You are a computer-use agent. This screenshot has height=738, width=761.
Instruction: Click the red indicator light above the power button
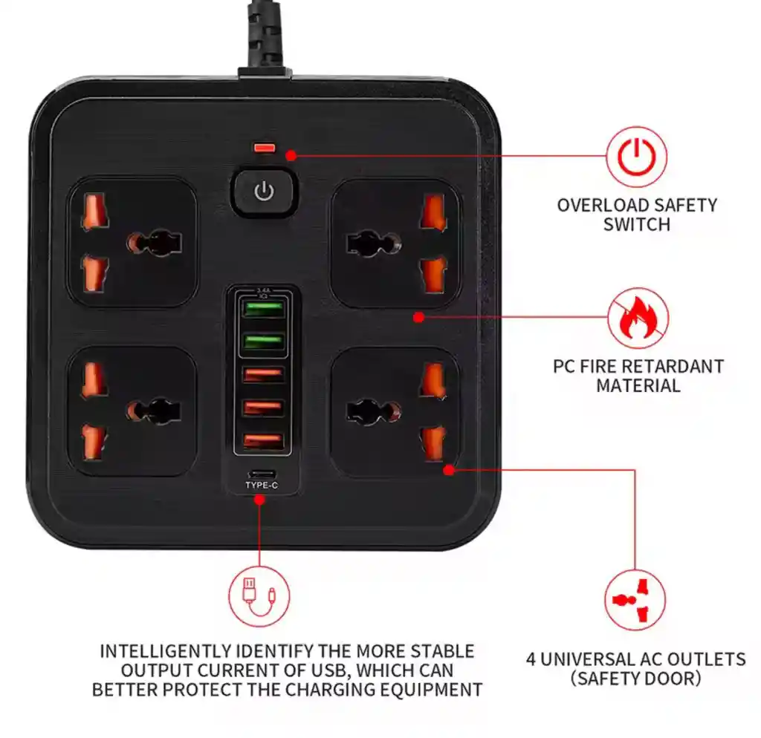[x=264, y=148]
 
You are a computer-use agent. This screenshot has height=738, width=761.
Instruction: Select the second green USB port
[x=263, y=342]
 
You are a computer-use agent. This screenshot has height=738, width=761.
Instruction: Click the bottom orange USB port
[x=263, y=441]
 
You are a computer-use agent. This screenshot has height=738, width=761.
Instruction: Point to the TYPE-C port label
[x=262, y=486]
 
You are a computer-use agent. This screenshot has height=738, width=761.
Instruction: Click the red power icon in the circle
[x=636, y=157]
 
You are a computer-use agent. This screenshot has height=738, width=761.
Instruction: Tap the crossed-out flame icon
[x=638, y=318]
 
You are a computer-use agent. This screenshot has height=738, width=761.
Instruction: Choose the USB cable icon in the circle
[x=259, y=596]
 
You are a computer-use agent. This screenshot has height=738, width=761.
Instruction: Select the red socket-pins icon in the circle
[x=635, y=601]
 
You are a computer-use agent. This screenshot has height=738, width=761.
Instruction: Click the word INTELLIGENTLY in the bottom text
[x=165, y=651]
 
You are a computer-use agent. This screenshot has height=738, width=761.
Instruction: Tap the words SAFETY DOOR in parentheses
[x=636, y=679]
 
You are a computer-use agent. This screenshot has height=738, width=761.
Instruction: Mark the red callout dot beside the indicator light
[x=291, y=155]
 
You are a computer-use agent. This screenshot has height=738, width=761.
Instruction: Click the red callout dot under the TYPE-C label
[x=259, y=500]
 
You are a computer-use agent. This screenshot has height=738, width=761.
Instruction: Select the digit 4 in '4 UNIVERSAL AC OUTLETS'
[x=531, y=659]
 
